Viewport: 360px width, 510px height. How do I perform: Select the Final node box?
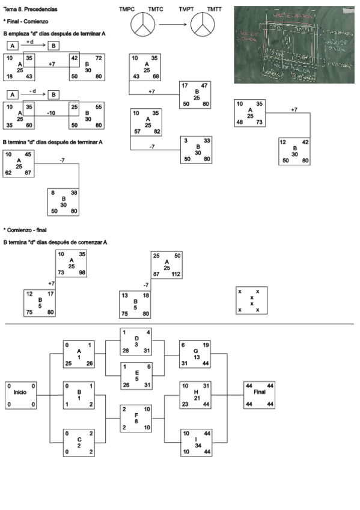[260, 396]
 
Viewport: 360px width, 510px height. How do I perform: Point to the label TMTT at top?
[215, 10]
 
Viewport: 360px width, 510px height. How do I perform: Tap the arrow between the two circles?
[172, 25]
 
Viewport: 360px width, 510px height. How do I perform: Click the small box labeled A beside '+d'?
[12, 45]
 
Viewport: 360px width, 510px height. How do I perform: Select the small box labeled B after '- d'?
[53, 94]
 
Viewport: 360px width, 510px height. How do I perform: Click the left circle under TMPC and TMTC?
[142, 26]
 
